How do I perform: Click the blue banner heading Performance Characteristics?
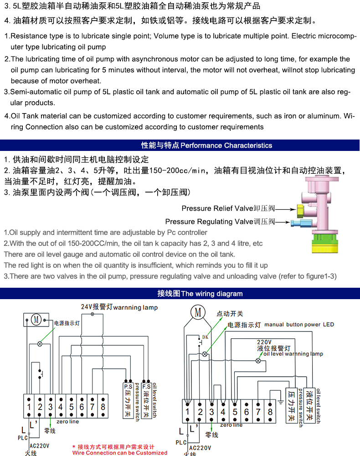206,145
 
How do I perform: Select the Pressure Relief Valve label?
228,208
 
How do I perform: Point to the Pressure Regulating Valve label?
220,222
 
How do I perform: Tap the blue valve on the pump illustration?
299,223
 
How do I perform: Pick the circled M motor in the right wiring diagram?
198,312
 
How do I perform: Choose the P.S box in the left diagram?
128,386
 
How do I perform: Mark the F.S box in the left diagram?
146,386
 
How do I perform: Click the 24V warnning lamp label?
119,307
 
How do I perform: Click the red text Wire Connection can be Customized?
120,453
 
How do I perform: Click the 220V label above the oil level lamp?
264,342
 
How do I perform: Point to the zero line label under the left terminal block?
67,422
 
